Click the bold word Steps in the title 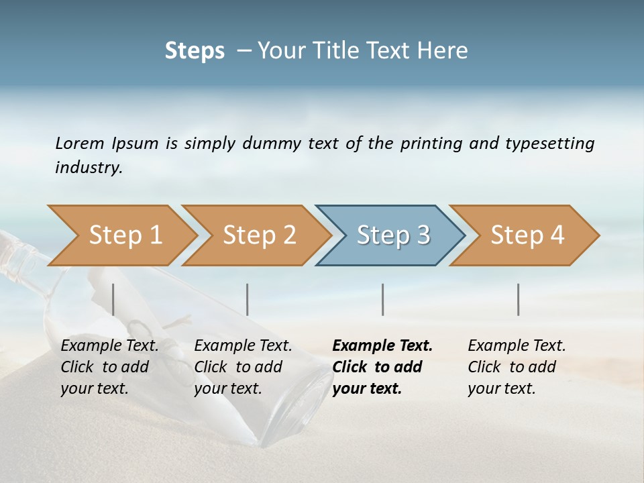pyautogui.click(x=195, y=51)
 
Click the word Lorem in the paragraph pyautogui.click(x=80, y=143)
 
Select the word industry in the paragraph pyautogui.click(x=87, y=167)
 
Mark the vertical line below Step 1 pyautogui.click(x=113, y=299)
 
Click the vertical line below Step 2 pyautogui.click(x=248, y=299)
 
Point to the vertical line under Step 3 pyautogui.click(x=382, y=299)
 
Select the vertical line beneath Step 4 pyautogui.click(x=519, y=299)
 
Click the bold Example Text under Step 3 pyautogui.click(x=382, y=345)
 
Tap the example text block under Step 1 pyautogui.click(x=109, y=367)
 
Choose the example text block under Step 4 pyautogui.click(x=517, y=367)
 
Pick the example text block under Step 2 pyautogui.click(x=243, y=367)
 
